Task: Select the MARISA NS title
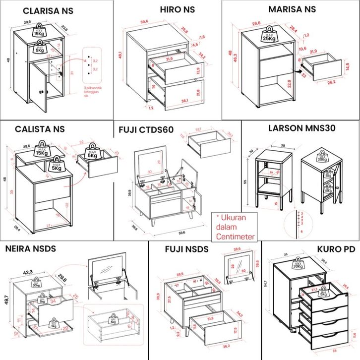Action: click(x=292, y=9)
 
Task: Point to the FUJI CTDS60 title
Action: click(x=146, y=130)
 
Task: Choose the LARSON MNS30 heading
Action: click(x=302, y=128)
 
